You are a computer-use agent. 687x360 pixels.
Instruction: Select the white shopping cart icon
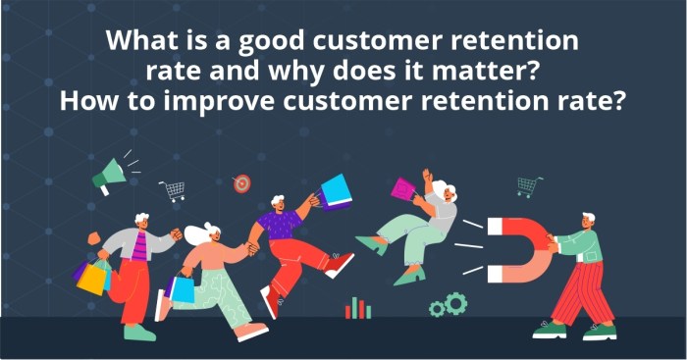coord(174,191)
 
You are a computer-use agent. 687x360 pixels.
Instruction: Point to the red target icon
coord(241,183)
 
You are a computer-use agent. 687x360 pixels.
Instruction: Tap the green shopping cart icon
coord(530,185)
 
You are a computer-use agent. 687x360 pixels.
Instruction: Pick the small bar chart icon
coord(357,309)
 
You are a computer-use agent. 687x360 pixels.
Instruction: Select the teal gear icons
coord(449,305)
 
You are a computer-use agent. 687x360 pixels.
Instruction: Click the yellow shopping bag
coord(93,278)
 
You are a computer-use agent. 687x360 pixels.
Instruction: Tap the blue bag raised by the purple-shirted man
coord(336,192)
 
